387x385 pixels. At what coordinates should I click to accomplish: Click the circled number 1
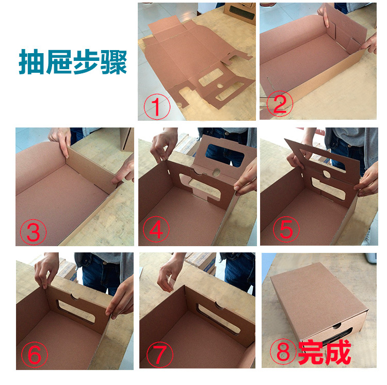click(x=157, y=107)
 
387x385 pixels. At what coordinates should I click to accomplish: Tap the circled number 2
click(x=280, y=103)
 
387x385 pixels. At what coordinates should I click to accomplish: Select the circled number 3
click(x=33, y=232)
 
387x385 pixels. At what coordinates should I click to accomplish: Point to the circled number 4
click(x=156, y=229)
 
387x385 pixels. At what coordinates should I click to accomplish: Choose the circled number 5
click(x=286, y=229)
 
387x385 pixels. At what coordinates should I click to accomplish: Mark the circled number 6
click(x=34, y=355)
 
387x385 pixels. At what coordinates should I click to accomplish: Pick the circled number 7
click(x=160, y=355)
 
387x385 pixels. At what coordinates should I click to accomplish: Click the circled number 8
click(x=283, y=351)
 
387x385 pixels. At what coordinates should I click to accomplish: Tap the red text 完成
click(x=325, y=352)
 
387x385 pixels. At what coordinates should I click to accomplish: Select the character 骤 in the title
click(x=114, y=62)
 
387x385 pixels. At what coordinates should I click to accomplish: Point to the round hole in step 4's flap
click(x=216, y=172)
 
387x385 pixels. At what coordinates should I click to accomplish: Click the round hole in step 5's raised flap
click(x=327, y=174)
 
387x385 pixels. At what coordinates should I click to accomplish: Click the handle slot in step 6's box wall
click(x=76, y=311)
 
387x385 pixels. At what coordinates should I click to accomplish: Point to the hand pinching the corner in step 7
click(x=170, y=273)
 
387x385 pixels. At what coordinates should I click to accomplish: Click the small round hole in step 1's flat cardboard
click(x=220, y=86)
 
